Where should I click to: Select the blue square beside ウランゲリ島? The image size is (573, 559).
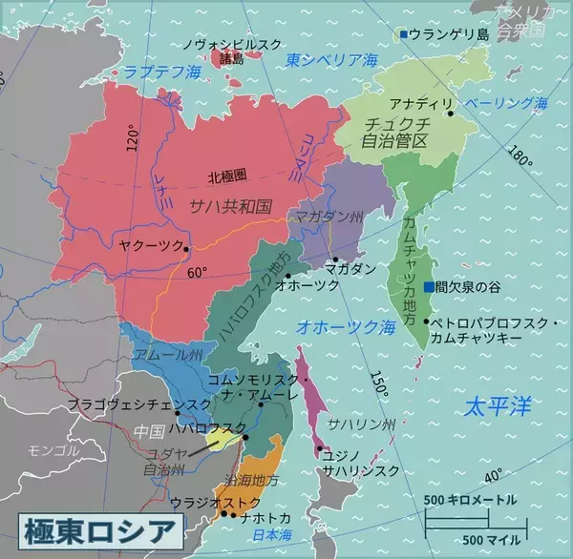404,34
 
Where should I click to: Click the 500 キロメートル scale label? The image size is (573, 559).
470,500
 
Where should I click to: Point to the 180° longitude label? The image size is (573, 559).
521,155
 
